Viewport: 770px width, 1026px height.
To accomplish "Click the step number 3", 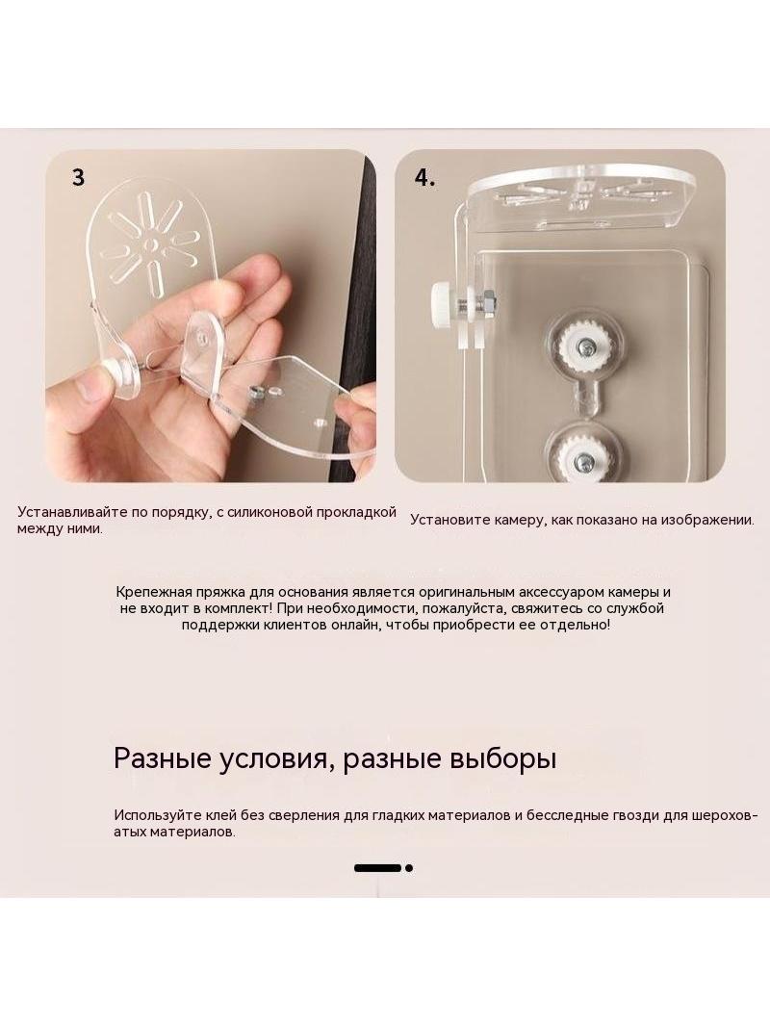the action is (79, 178).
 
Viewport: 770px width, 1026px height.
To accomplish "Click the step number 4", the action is (424, 178).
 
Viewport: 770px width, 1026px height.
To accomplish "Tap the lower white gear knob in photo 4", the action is (582, 457).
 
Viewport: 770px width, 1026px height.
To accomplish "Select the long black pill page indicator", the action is (377, 868).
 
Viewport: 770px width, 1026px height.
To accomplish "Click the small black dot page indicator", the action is (409, 868).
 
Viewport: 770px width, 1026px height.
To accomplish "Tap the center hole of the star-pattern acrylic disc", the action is (152, 244).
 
